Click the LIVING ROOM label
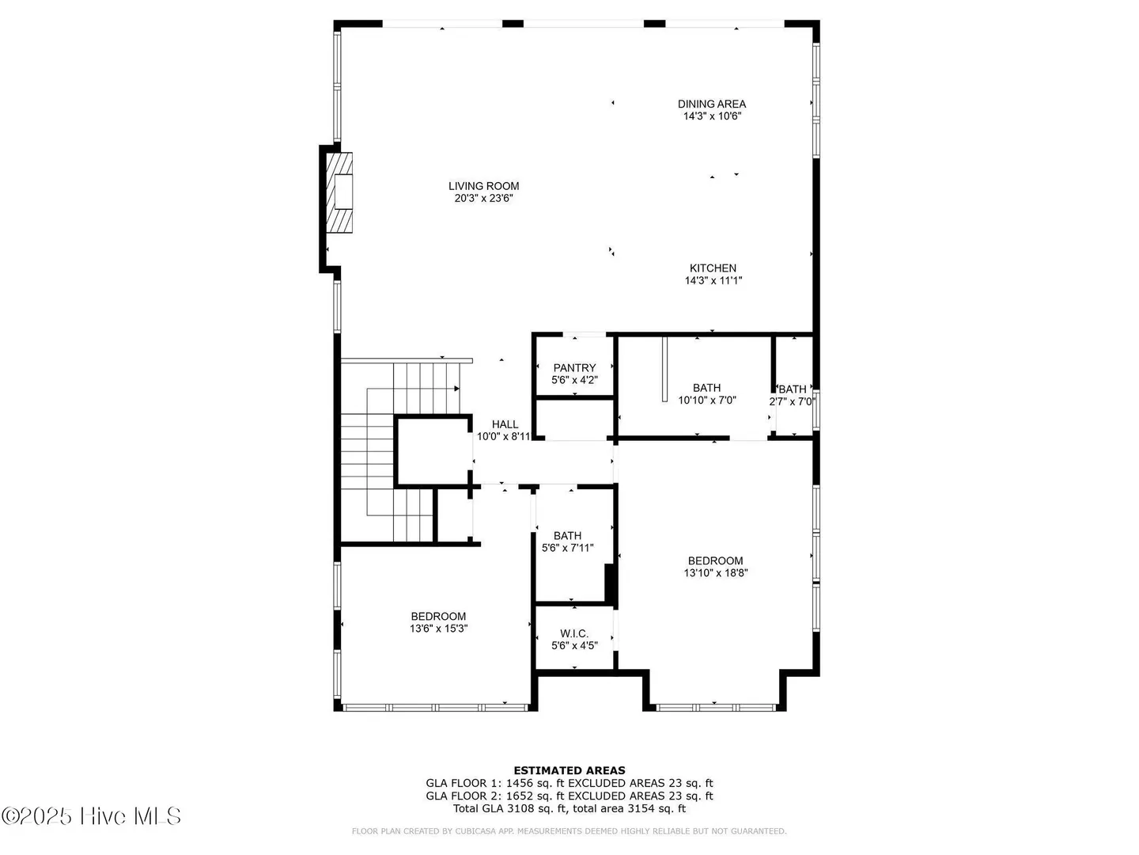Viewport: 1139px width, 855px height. coord(483,186)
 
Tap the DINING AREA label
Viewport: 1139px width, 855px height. coord(711,104)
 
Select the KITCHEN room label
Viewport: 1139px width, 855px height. coord(713,268)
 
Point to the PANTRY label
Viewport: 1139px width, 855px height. coord(574,368)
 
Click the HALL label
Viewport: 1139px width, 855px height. coord(505,424)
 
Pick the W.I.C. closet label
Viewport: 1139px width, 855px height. coord(574,634)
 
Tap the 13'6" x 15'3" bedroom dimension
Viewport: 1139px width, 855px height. coord(438,629)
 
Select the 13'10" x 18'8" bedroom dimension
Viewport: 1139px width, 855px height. coord(716,573)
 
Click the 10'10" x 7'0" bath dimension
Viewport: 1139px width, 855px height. coord(707,401)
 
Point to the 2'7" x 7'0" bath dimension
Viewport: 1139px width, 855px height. coord(792,401)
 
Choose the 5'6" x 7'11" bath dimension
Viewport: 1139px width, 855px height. coord(568,548)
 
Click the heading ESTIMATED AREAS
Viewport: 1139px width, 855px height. coord(569,770)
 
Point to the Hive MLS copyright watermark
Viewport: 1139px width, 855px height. coord(91,816)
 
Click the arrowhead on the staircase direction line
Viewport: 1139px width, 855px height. coord(456,388)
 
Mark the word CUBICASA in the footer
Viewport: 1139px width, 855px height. coord(473,831)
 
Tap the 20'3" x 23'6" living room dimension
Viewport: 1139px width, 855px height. coord(483,198)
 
